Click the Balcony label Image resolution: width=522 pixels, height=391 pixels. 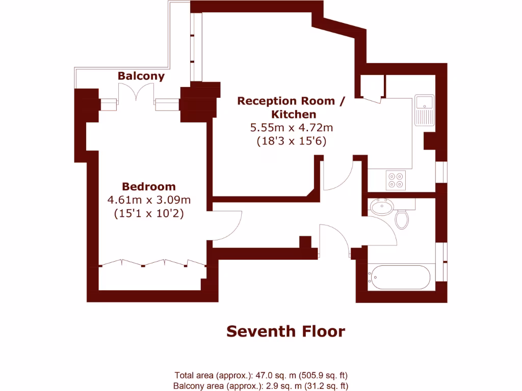141,76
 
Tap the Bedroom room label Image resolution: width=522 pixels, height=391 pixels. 148,186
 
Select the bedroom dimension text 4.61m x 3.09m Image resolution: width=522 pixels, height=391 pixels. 148,200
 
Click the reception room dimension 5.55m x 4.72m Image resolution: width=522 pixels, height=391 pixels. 291,127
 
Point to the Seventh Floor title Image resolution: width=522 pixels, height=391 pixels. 285,331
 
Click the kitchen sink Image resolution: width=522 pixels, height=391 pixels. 424,110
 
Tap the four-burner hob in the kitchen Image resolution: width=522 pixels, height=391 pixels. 396,180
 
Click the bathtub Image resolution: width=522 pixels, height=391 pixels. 399,277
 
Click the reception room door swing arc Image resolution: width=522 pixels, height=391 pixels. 337,176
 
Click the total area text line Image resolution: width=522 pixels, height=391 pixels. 261,376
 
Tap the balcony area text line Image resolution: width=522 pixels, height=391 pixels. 261,386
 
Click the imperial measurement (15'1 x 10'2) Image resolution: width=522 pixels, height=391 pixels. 148,214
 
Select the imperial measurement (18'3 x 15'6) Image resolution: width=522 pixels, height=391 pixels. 291,141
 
